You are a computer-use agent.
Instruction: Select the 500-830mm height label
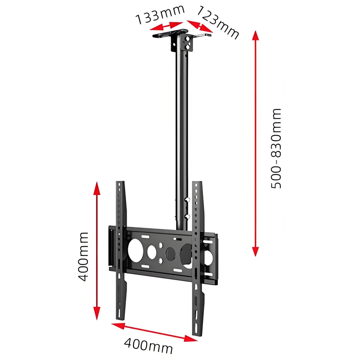pos(276,148)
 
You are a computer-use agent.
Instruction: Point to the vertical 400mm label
pos(83,256)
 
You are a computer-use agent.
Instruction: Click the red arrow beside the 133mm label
pos(167,26)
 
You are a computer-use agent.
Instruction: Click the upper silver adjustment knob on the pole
pos(187,199)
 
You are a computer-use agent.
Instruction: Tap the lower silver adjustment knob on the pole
pos(187,216)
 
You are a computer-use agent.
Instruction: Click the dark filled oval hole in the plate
pos(171,253)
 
